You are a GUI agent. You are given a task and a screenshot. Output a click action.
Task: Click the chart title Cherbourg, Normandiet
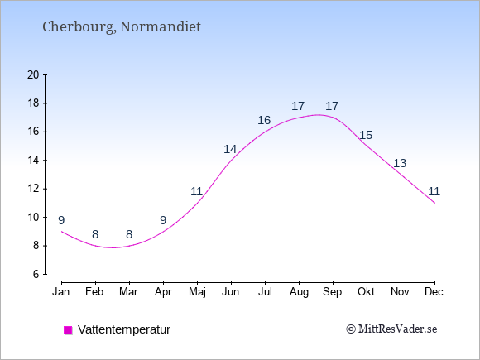[x=122, y=27]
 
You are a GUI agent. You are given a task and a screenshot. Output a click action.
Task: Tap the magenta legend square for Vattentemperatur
[x=68, y=330]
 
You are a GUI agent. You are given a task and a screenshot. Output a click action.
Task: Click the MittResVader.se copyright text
[x=391, y=329]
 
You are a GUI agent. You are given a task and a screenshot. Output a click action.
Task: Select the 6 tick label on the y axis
[x=36, y=274]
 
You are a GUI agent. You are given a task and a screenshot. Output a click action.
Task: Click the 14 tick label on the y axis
[x=33, y=160]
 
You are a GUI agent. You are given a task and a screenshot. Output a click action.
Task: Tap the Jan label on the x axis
[x=61, y=292]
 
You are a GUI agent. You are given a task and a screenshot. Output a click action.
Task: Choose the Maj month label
[x=197, y=292]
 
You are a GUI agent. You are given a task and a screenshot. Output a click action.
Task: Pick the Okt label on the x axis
[x=366, y=292]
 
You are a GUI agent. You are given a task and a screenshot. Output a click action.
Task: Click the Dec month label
[x=434, y=292]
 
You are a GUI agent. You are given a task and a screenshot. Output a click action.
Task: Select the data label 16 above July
[x=264, y=120]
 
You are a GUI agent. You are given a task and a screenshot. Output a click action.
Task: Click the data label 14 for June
[x=230, y=150]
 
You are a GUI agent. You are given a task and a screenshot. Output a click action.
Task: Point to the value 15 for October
[x=366, y=135]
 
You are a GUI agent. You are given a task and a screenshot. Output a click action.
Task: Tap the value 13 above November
[x=400, y=164]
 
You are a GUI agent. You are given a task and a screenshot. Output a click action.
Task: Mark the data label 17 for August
[x=298, y=107]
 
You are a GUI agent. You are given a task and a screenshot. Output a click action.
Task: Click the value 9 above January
[x=61, y=220]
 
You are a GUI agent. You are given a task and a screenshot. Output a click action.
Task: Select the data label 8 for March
[x=129, y=235]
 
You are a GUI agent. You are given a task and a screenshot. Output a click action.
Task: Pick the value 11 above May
[x=196, y=192]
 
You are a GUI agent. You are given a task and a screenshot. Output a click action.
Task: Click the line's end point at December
[x=434, y=203]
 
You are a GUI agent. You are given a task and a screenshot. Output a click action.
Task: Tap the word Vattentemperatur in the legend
[x=124, y=329]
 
